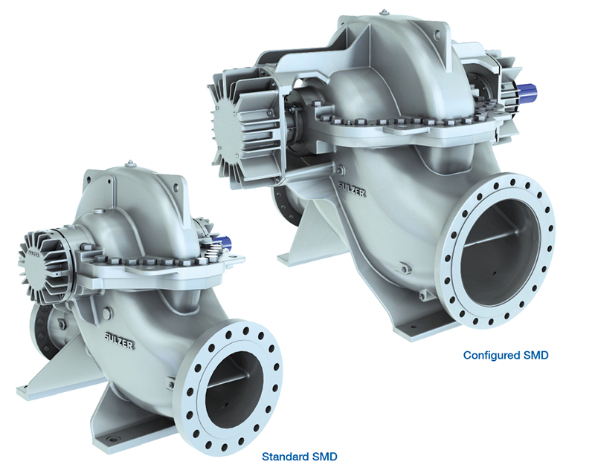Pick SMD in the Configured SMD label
pos(535,356)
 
